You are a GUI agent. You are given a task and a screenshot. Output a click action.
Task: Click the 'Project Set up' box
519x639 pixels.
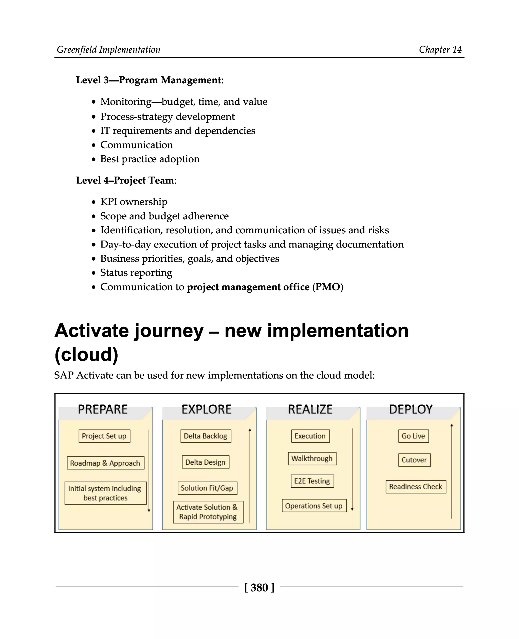point(104,436)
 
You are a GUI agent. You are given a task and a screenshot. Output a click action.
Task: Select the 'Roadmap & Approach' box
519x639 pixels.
point(105,463)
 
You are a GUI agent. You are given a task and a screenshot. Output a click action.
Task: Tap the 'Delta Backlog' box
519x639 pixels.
point(206,436)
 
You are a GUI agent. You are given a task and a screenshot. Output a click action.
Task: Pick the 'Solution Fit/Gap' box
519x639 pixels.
point(207,488)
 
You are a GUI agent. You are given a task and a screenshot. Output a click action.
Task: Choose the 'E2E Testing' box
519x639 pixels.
point(312,481)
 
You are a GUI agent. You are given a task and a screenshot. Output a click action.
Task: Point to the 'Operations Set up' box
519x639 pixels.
point(314,506)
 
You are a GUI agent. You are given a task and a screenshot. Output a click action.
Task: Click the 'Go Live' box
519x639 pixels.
point(414,436)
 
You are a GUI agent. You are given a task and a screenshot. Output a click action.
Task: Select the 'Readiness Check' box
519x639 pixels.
point(416,487)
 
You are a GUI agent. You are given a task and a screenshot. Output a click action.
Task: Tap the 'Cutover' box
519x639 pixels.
point(414,460)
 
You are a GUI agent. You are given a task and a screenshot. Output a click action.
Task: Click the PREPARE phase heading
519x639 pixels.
point(103,409)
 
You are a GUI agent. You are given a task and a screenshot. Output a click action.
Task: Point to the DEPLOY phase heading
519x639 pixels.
point(411,409)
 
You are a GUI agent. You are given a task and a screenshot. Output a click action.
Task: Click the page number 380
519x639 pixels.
point(259,588)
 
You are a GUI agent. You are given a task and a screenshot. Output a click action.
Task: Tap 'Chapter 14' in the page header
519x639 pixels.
point(440,50)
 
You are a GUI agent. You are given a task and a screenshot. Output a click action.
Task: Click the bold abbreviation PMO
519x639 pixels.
point(328,287)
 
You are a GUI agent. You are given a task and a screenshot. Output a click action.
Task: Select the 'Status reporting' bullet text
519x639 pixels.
point(136,273)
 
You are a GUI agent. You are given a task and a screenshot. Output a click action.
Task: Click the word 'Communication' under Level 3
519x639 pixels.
point(137,145)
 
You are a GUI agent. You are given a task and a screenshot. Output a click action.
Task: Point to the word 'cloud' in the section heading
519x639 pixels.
point(86,355)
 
